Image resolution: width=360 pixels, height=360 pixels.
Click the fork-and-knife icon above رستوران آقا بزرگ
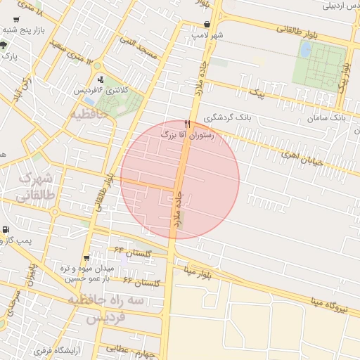(187, 123)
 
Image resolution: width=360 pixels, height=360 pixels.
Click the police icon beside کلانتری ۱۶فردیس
(101, 79)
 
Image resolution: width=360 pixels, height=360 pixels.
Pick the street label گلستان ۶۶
(141, 282)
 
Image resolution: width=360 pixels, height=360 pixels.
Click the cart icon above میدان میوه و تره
(86, 258)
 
